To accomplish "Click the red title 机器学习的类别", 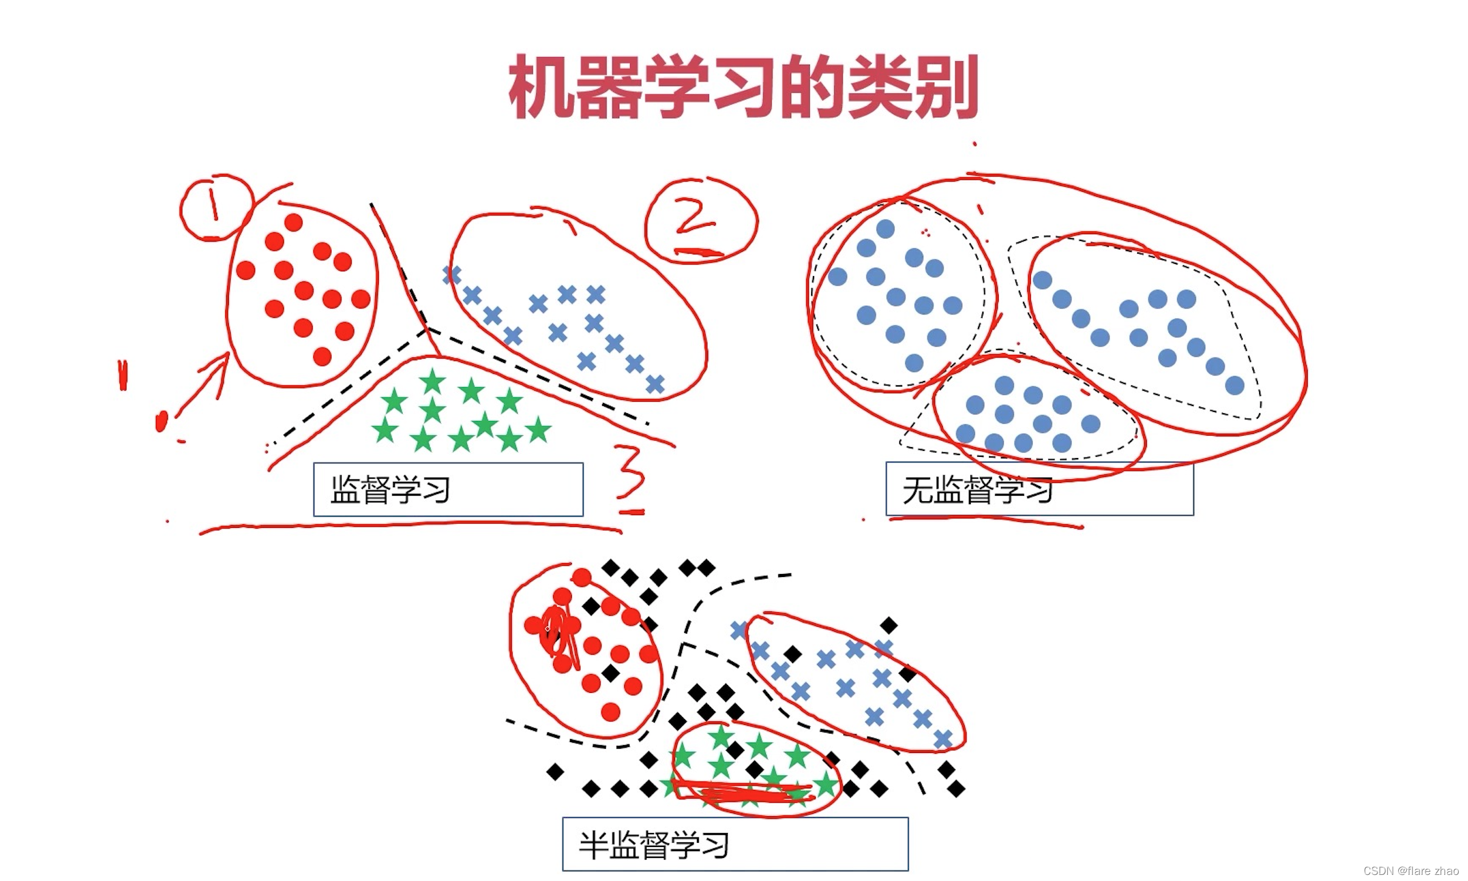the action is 743,87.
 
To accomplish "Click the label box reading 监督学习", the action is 448,490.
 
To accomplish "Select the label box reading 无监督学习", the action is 1039,490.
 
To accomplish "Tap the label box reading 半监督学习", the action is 735,844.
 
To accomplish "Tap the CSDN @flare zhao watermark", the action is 1411,871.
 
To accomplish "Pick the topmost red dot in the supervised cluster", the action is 293,223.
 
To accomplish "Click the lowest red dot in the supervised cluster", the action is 322,356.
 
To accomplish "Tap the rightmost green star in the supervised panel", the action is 538,430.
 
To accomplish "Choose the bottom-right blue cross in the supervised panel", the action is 655,384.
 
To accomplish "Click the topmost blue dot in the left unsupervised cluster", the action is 885,229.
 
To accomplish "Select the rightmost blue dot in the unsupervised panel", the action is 1235,385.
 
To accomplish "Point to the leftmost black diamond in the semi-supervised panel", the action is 555,772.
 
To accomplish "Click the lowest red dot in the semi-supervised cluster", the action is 610,712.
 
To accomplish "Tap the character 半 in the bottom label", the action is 593,845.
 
